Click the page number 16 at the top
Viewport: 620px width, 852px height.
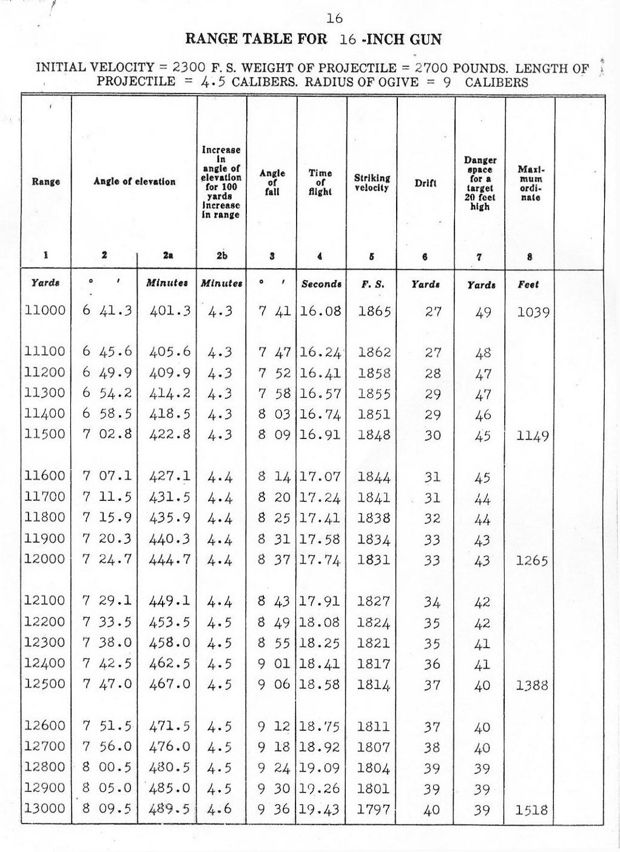click(x=334, y=19)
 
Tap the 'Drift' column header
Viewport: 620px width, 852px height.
click(x=425, y=183)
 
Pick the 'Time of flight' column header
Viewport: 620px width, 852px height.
click(x=320, y=182)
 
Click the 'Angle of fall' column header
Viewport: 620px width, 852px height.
click(x=272, y=182)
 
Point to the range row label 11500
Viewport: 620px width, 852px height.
click(x=45, y=435)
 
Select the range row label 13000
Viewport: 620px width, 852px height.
click(x=45, y=808)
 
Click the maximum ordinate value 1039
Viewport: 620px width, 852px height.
click(x=533, y=312)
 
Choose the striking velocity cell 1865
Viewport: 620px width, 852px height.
click(x=374, y=312)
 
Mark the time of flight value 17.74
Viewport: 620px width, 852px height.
click(x=320, y=560)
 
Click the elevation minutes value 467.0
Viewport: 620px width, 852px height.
click(x=170, y=684)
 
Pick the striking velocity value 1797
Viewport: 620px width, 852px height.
click(x=374, y=809)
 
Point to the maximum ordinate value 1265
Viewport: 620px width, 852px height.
click(x=531, y=561)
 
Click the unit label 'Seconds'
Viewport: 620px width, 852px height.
click(x=321, y=283)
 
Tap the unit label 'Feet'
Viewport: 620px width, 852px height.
click(x=528, y=284)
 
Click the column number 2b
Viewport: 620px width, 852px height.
click(x=222, y=256)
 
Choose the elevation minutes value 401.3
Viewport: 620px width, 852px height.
click(x=170, y=311)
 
